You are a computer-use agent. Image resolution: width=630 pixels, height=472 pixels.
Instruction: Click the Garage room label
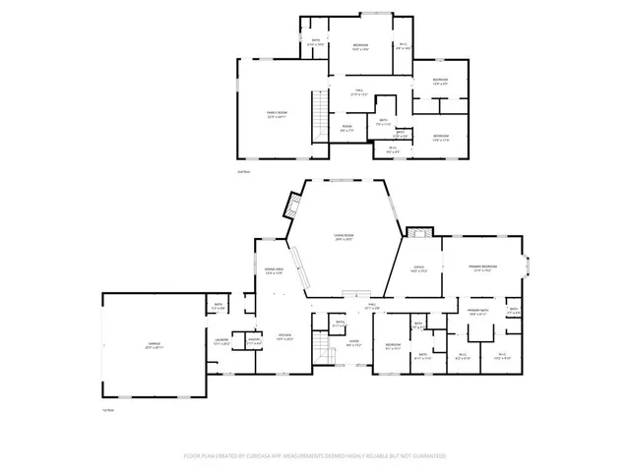coord(155,345)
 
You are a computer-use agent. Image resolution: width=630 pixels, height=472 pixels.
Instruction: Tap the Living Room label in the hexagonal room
coord(344,237)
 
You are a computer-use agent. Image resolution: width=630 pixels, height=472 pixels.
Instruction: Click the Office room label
coord(417,269)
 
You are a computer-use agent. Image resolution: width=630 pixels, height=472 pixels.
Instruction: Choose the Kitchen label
coord(285,336)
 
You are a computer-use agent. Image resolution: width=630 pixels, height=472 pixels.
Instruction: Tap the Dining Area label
coord(275,270)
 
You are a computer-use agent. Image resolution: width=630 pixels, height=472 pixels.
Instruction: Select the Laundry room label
coord(221,342)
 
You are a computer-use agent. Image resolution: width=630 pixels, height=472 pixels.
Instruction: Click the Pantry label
coord(253,342)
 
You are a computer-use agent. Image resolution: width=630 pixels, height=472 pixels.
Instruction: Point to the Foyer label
coord(354,344)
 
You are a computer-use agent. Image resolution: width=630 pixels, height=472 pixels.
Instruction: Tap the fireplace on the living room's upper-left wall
coord(291,205)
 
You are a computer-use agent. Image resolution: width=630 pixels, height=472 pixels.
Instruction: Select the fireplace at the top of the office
coord(417,234)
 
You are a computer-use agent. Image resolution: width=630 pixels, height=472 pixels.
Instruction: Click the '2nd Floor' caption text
coord(244,172)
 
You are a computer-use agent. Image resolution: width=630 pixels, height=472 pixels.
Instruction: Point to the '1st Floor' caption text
coord(108,410)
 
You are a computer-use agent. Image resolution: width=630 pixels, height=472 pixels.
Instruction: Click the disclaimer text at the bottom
coord(315,456)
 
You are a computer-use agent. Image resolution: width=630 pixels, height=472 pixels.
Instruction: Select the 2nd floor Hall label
coord(360,94)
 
